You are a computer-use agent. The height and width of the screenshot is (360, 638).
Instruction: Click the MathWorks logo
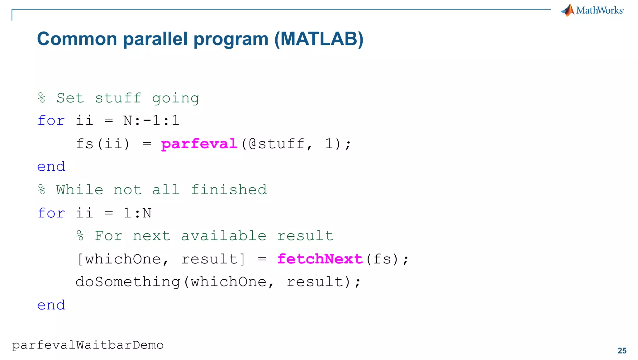(592, 10)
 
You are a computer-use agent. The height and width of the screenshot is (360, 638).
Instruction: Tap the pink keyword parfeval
(199, 144)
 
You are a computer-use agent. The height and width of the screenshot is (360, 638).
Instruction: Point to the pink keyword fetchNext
(320, 259)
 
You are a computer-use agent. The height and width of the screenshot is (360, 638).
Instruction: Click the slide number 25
(622, 351)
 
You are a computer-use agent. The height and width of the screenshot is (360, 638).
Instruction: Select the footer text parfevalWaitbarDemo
(88, 345)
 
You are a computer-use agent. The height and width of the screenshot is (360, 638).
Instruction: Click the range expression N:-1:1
(151, 121)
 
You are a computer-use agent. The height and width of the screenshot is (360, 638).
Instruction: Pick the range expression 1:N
(137, 213)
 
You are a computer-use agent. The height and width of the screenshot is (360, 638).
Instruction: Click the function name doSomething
(128, 282)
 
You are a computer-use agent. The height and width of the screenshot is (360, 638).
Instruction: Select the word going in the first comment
(176, 98)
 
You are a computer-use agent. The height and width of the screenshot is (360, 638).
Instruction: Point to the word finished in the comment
(229, 190)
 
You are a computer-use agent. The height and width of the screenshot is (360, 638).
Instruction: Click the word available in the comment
(224, 236)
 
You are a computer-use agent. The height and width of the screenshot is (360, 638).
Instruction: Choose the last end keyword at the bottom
(51, 305)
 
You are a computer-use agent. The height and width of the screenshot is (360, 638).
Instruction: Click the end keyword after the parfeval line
(51, 167)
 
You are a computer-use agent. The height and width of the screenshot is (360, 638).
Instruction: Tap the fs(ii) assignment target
(103, 144)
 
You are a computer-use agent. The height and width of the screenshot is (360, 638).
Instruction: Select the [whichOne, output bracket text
(123, 259)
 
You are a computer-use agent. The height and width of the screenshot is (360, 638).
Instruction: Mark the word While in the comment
(80, 190)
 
